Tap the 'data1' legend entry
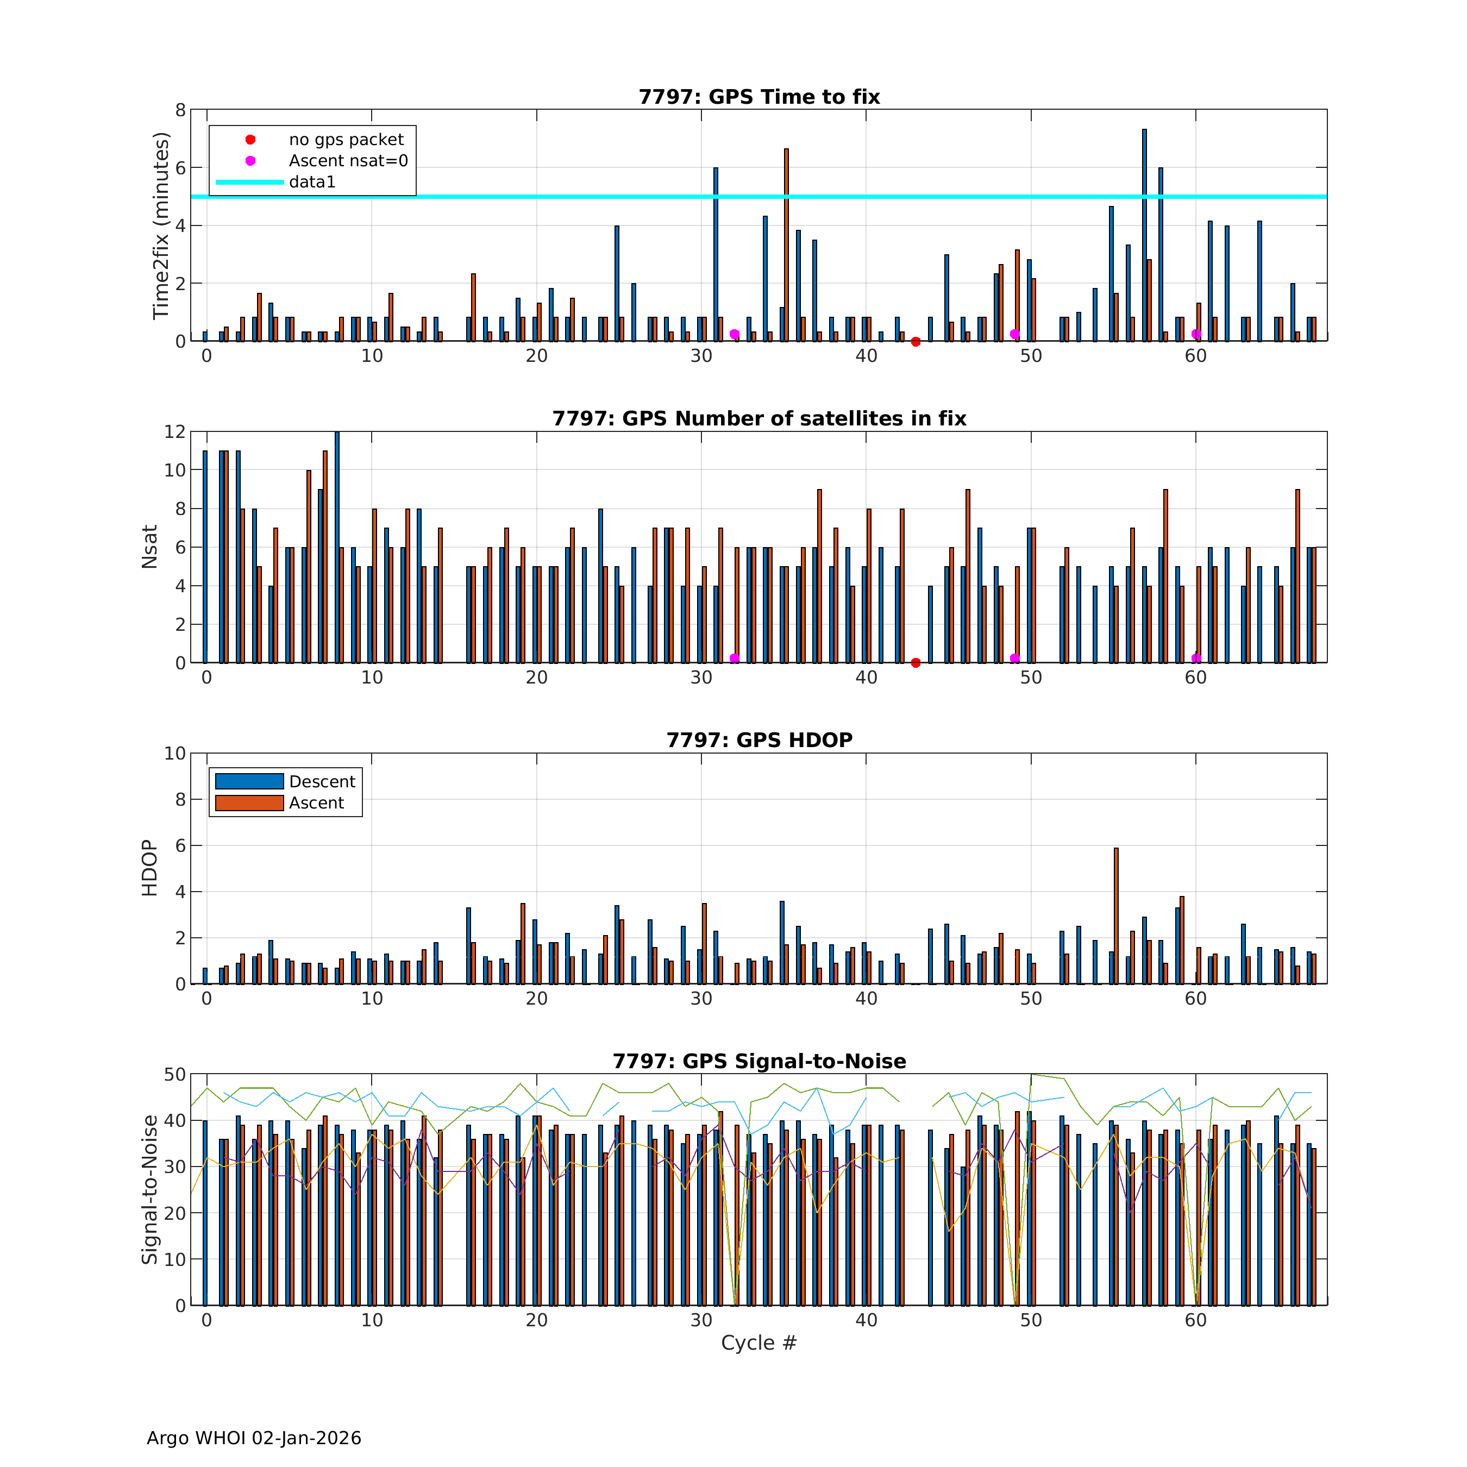pyautogui.click(x=312, y=182)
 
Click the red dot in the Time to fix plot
pyautogui.click(x=916, y=342)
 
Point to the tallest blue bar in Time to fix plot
pyautogui.click(x=1144, y=235)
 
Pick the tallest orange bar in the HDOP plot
pyautogui.click(x=1116, y=916)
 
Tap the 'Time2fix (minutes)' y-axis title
pyautogui.click(x=160, y=225)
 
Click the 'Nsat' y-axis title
pyautogui.click(x=149, y=547)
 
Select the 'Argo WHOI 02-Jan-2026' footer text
pyautogui.click(x=254, y=1438)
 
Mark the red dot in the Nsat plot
pyautogui.click(x=916, y=663)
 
